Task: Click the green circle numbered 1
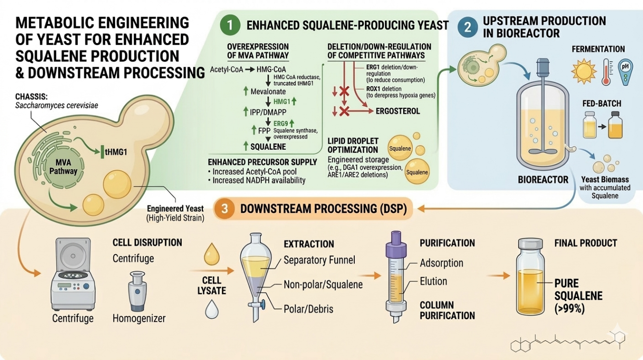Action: coord(230,25)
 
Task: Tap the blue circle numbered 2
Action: coord(468,27)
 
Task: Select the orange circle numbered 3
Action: coord(224,209)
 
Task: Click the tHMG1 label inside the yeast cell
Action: coord(116,152)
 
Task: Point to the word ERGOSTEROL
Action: coord(398,111)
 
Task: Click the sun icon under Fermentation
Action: coord(584,71)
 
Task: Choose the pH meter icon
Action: coord(625,72)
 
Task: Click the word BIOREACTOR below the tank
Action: coord(543,180)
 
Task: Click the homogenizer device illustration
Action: coord(138,291)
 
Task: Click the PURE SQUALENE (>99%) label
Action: coord(578,296)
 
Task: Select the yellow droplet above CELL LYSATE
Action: coord(211,254)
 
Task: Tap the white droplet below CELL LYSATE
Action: coord(212,309)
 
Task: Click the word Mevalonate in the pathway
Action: coord(268,92)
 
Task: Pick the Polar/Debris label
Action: coord(308,309)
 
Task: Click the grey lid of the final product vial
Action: coord(530,244)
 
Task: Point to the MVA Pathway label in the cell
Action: coord(63,167)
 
